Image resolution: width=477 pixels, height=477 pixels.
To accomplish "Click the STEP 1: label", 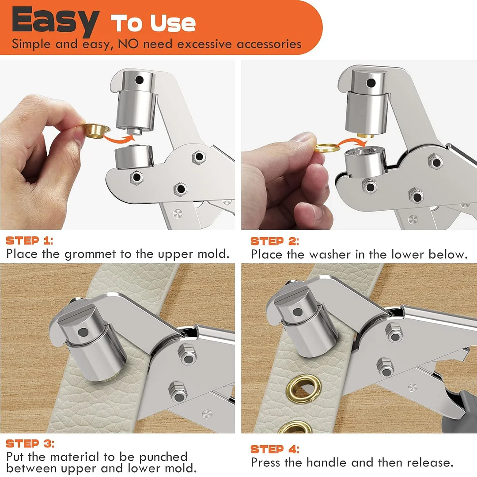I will (30, 241).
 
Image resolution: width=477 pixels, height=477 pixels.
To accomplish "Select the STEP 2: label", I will (274, 242).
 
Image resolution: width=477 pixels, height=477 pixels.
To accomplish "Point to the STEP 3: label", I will (30, 443).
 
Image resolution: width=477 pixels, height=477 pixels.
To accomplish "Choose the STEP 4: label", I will (275, 450).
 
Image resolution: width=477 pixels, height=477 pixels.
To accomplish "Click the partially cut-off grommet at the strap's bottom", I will (295, 428).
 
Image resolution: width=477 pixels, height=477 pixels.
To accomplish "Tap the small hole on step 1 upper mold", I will (140, 80).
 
